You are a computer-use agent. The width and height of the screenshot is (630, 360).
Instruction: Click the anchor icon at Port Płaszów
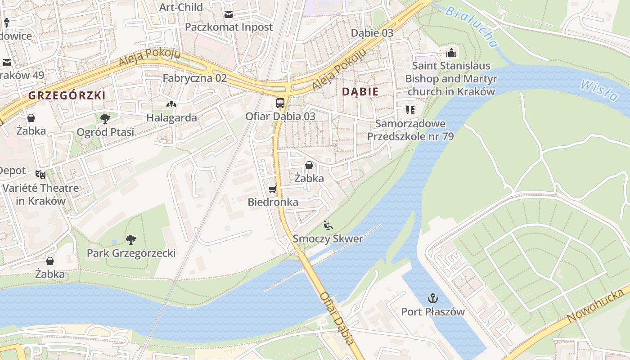tap(432, 298)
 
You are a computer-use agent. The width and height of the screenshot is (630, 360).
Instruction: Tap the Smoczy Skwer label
tap(328, 239)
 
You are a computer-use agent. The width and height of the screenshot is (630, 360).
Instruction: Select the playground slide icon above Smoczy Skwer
tap(328, 225)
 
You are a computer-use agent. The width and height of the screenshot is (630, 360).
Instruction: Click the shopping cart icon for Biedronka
tap(272, 189)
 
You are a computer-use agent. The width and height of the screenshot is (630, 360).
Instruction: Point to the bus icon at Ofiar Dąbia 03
tap(280, 103)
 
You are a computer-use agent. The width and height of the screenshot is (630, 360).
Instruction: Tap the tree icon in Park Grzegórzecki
tap(131, 239)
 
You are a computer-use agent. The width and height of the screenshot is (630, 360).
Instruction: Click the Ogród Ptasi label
tap(105, 132)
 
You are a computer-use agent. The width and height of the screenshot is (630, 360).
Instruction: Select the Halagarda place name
tap(171, 118)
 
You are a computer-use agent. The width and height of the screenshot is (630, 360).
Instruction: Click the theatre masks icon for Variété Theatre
tap(40, 174)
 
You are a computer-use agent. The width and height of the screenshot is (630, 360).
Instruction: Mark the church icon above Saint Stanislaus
tap(451, 53)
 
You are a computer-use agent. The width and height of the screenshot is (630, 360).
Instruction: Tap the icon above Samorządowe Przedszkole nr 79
tap(410, 110)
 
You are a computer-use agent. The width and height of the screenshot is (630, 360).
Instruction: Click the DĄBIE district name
tap(360, 92)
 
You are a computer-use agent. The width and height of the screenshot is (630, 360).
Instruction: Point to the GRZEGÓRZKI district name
tap(67, 95)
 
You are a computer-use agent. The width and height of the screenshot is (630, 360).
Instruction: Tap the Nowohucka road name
tap(596, 306)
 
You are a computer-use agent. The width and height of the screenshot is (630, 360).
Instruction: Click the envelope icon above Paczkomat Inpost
tap(229, 14)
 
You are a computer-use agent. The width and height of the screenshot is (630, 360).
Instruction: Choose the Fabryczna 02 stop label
tap(195, 78)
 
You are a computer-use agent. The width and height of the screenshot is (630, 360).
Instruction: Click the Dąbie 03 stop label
tap(372, 33)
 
